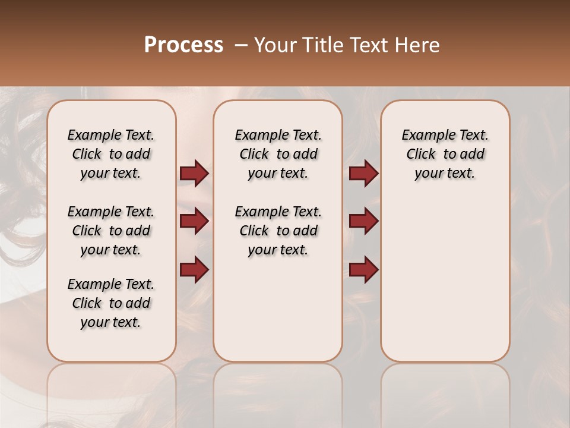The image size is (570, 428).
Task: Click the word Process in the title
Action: [183, 45]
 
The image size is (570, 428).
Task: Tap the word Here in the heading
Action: [419, 45]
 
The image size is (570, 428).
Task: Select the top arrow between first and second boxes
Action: [194, 173]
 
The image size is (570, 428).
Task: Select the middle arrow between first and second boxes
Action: [194, 221]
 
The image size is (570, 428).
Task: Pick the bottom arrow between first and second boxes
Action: [194, 269]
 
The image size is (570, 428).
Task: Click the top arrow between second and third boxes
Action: [363, 173]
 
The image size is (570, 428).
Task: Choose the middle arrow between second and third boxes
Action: [363, 221]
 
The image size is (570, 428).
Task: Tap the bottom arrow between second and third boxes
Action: [363, 269]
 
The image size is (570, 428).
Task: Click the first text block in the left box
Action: [111, 154]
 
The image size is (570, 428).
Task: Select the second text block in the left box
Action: [111, 231]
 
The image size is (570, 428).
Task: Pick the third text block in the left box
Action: [111, 303]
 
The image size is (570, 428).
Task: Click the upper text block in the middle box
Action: [278, 154]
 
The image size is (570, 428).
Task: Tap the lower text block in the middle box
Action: [278, 231]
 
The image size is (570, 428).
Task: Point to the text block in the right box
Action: [445, 154]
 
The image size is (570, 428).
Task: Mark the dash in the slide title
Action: [241, 45]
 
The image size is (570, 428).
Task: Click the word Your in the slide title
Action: [276, 45]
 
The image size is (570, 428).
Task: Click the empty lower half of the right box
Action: [445, 285]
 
